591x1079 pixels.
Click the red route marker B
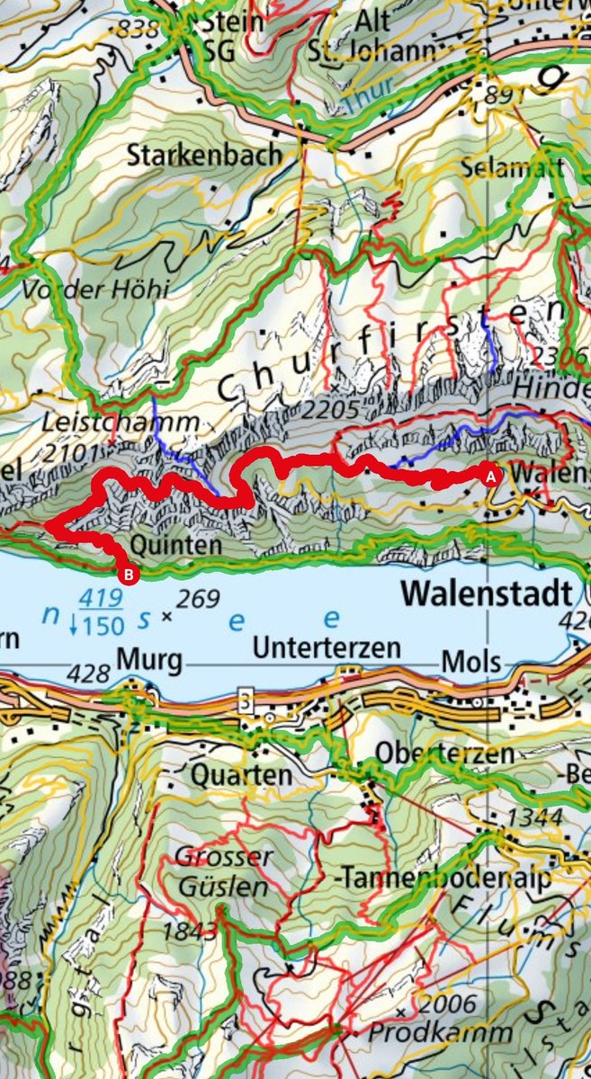click(x=129, y=573)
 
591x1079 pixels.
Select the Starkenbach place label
click(x=204, y=156)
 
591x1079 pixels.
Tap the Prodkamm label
click(x=440, y=1032)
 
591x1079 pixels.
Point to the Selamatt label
click(x=512, y=168)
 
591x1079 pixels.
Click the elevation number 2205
click(x=332, y=410)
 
